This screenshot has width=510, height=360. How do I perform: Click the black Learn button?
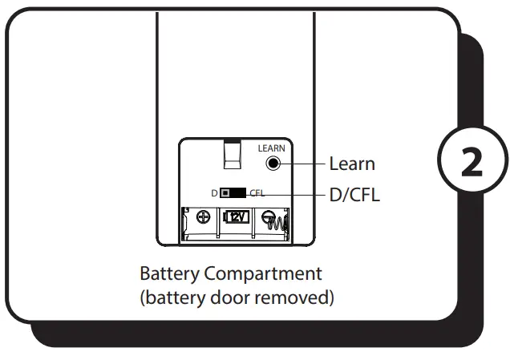click(x=273, y=164)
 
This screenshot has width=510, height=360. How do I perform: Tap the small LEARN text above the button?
click(x=271, y=148)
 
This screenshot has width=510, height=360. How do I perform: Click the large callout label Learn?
click(x=352, y=164)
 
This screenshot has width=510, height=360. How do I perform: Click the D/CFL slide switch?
click(x=233, y=193)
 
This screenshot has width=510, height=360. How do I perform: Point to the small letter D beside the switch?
click(x=214, y=193)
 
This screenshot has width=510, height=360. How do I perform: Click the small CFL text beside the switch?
click(x=257, y=193)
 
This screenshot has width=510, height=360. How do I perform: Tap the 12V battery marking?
click(x=237, y=217)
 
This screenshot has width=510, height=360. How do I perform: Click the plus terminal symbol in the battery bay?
click(x=204, y=217)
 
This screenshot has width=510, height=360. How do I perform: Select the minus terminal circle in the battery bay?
click(x=270, y=216)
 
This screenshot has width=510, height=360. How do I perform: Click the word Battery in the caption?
click(x=169, y=273)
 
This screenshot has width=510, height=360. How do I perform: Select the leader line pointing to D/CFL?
click(x=297, y=194)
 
